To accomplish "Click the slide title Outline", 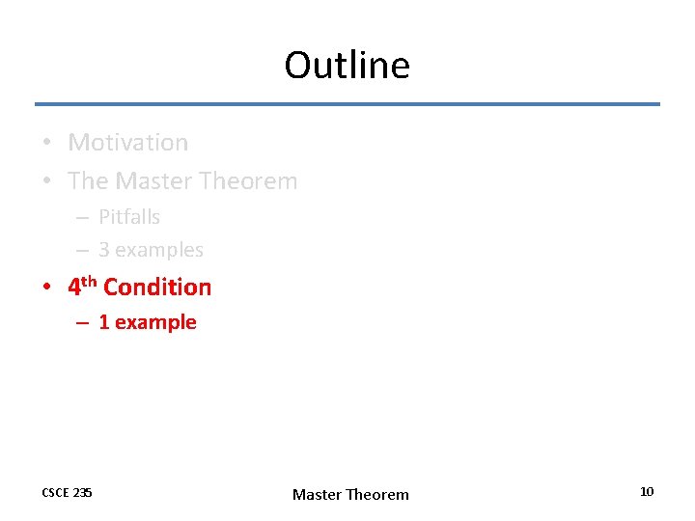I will click(x=347, y=66).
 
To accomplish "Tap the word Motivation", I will click(x=127, y=143).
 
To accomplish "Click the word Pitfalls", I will click(x=129, y=217).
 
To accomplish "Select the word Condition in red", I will click(x=157, y=288).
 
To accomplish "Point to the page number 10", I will click(x=647, y=492).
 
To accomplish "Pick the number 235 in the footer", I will click(x=83, y=493).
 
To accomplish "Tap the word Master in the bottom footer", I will click(x=317, y=495).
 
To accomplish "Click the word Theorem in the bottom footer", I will click(x=377, y=495).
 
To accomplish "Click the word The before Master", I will click(x=88, y=181).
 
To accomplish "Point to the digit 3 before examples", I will click(x=103, y=250).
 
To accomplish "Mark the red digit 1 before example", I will click(x=103, y=322).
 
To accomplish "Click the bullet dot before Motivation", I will click(x=47, y=144).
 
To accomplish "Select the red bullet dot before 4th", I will click(x=47, y=288).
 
